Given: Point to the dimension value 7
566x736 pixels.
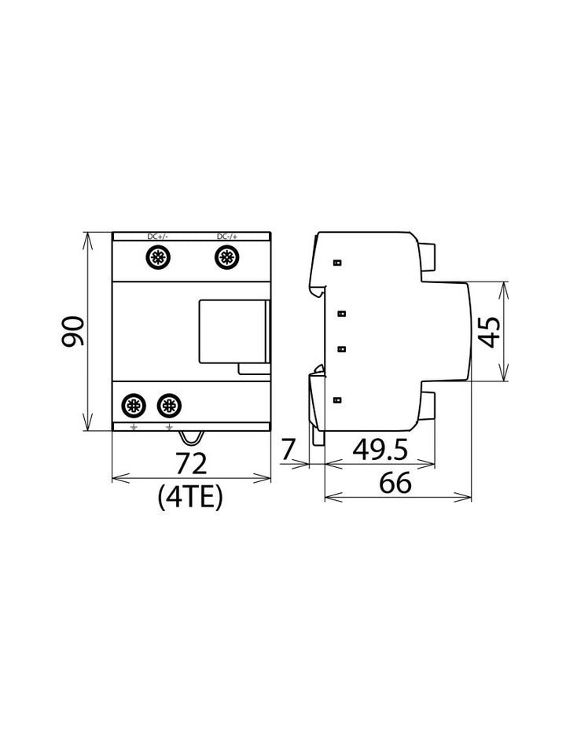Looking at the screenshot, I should [289, 450].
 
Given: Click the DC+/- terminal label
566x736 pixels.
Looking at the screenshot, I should [157, 237].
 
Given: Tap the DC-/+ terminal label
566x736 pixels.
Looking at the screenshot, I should [226, 237].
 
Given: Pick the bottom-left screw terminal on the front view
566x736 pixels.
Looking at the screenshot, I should [133, 406].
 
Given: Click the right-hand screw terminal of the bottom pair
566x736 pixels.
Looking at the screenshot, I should [167, 406].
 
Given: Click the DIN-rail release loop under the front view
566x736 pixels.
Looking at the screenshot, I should [190, 436].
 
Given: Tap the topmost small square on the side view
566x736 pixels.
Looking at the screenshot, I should [336, 263].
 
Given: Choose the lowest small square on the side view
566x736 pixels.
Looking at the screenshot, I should [336, 401].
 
